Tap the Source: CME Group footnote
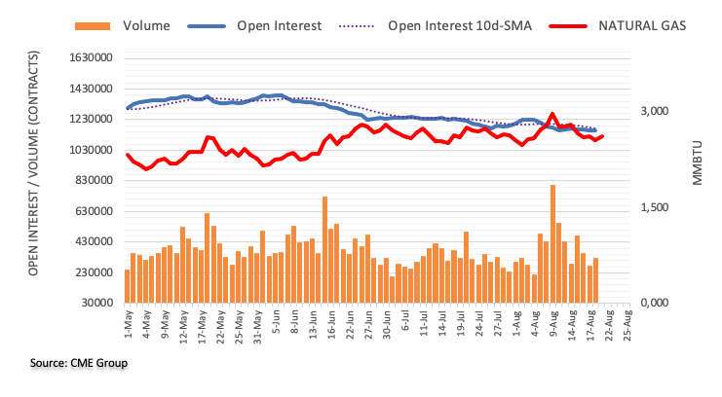point(79,363)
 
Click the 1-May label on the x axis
point(129,327)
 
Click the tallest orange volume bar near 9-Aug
point(552,243)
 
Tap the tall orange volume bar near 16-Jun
point(324,249)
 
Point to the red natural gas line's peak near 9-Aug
point(552,115)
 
